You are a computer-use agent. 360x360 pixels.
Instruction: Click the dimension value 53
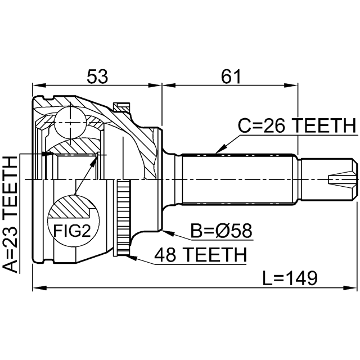click(96, 75)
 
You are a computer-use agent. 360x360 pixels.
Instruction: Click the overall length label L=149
click(290, 277)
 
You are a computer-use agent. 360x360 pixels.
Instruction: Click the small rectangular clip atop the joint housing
click(121, 106)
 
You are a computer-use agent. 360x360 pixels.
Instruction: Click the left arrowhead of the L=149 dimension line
click(35, 288)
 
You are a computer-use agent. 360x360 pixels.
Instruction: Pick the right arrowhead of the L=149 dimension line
click(354, 288)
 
